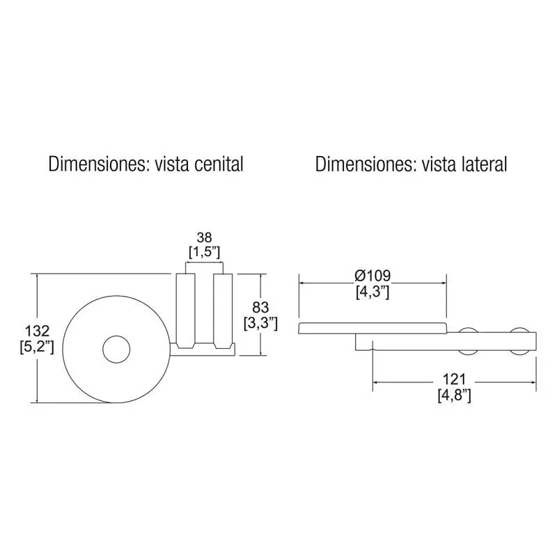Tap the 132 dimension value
(x=37, y=331)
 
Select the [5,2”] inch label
(x=37, y=347)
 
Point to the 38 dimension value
(x=204, y=237)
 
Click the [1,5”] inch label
(x=204, y=252)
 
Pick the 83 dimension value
(x=260, y=307)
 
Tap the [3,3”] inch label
(x=260, y=323)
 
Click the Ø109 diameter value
(x=372, y=276)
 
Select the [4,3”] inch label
(x=372, y=292)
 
